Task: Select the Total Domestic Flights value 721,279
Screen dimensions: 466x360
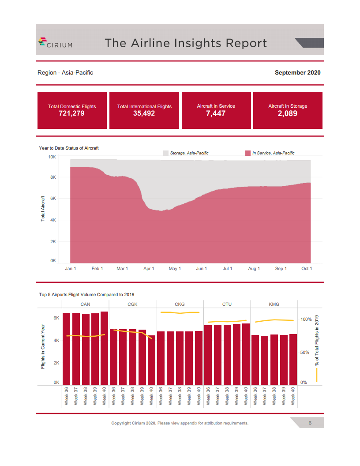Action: click(x=71, y=113)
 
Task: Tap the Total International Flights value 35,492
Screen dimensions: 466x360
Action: click(x=144, y=113)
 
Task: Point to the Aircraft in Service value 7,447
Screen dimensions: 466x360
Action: click(x=216, y=113)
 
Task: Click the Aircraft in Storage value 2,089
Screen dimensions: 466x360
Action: click(x=288, y=113)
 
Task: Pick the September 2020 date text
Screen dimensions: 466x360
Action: click(x=297, y=72)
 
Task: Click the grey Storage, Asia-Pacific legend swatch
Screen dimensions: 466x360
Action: click(x=166, y=153)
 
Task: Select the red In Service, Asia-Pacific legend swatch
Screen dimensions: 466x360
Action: click(x=247, y=153)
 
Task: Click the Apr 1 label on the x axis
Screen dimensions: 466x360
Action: click(x=149, y=268)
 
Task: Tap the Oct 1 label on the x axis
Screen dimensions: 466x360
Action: click(x=306, y=268)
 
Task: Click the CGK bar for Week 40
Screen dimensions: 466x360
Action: click(x=151, y=360)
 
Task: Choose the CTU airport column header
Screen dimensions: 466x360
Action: click(x=227, y=304)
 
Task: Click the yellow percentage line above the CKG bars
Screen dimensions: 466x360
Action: click(x=180, y=313)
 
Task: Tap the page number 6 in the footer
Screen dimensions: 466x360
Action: click(x=310, y=423)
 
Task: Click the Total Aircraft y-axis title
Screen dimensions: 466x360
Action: click(x=43, y=208)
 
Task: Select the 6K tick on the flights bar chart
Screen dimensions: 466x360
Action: click(x=56, y=318)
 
